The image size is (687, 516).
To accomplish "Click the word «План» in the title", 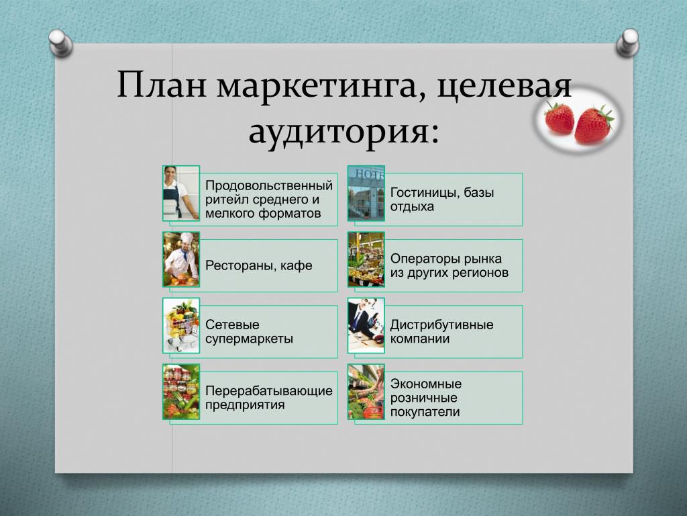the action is pyautogui.click(x=162, y=84).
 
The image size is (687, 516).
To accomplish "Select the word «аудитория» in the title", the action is pyautogui.click(x=344, y=132).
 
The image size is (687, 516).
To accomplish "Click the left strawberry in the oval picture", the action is pyautogui.click(x=559, y=117).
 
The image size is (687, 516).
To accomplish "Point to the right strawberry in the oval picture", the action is pyautogui.click(x=593, y=125).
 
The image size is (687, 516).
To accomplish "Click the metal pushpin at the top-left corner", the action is pyautogui.click(x=61, y=42).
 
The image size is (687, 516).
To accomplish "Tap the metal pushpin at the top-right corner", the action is pyautogui.click(x=628, y=42).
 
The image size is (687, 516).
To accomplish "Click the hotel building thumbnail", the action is pyautogui.click(x=366, y=193).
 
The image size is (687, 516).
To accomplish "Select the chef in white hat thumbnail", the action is pyautogui.click(x=181, y=259).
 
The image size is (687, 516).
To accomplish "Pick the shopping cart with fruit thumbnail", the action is pyautogui.click(x=181, y=326).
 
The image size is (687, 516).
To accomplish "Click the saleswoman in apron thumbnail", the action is pyautogui.click(x=181, y=193).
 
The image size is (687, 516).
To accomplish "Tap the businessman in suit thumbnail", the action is pyautogui.click(x=366, y=326).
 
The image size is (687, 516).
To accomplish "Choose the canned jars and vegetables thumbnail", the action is pyautogui.click(x=181, y=392).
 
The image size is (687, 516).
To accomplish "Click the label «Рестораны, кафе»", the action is pyautogui.click(x=259, y=266).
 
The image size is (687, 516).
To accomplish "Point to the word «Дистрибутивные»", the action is pyautogui.click(x=441, y=325).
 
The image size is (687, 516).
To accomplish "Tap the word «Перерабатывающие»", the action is pyautogui.click(x=269, y=391).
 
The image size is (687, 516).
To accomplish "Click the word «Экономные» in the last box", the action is pyautogui.click(x=426, y=384).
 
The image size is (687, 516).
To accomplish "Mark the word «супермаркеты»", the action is pyautogui.click(x=250, y=339).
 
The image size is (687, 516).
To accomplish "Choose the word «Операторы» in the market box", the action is pyautogui.click(x=421, y=259).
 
